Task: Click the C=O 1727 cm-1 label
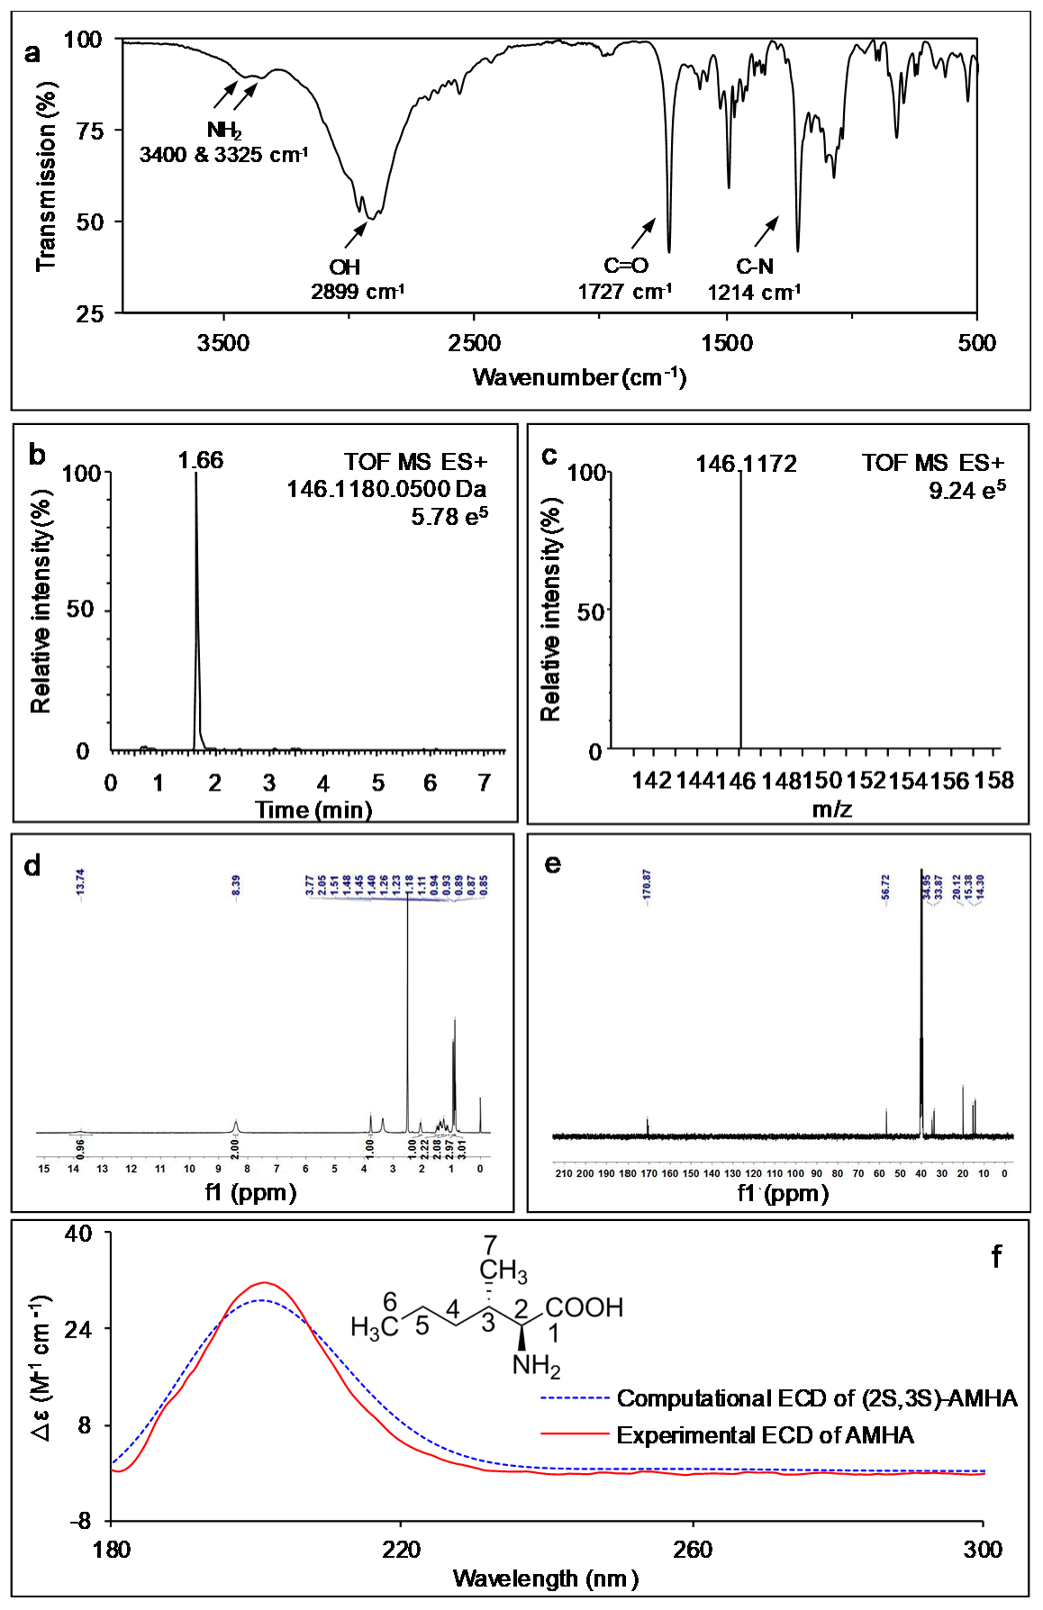(x=625, y=278)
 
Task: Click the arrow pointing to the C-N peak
(x=766, y=231)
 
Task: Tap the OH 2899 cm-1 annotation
(x=357, y=279)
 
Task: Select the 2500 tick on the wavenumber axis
(x=475, y=343)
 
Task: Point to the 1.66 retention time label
(x=200, y=460)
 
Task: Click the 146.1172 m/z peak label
(x=746, y=464)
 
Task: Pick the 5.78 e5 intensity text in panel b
(x=449, y=516)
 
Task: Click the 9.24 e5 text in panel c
(x=966, y=491)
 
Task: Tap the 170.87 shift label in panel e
(x=646, y=884)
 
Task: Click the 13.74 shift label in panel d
(x=80, y=884)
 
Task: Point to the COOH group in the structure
(x=584, y=1307)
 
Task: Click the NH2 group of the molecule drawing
(x=536, y=1366)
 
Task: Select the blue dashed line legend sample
(x=575, y=1398)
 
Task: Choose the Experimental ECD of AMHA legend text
(x=765, y=1435)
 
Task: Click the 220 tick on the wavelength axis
(x=401, y=1549)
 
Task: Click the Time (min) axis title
(x=313, y=810)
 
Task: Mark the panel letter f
(x=996, y=1256)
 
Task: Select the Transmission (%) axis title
(x=46, y=176)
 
